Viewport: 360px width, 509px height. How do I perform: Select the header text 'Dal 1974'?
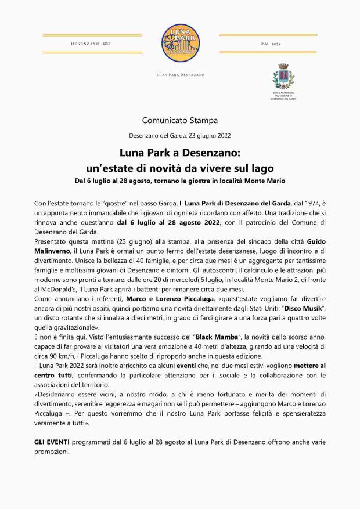[271, 44]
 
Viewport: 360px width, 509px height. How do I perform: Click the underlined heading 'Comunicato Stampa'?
[179, 121]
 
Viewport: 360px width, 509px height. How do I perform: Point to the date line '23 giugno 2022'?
[209, 136]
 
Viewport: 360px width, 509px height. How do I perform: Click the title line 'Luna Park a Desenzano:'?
[179, 154]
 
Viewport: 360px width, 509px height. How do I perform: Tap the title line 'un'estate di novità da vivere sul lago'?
[179, 168]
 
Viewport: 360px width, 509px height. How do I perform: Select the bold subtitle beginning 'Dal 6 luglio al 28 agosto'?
[179, 181]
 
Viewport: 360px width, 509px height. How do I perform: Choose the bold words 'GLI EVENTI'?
[52, 442]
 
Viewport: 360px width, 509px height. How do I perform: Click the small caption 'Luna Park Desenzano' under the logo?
[180, 75]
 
